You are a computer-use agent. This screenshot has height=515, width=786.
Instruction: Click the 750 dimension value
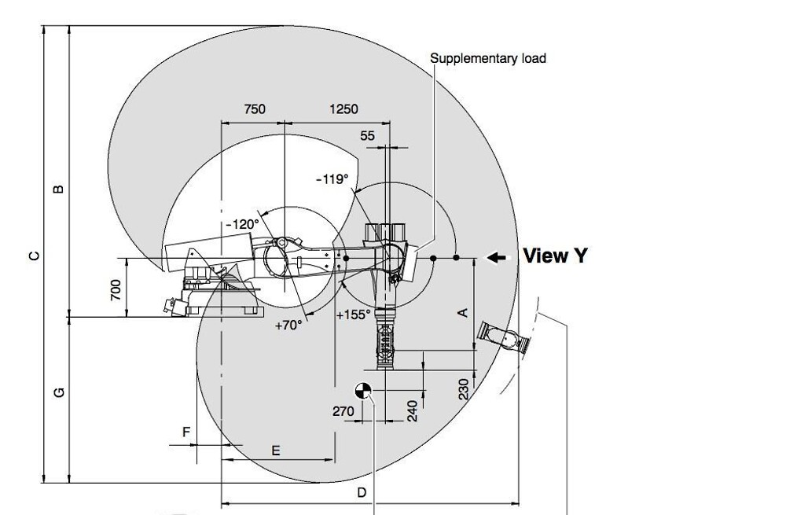pyautogui.click(x=255, y=109)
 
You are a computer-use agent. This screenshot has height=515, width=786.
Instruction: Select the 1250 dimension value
pyautogui.click(x=344, y=109)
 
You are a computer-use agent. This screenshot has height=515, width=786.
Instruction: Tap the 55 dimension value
pyautogui.click(x=367, y=136)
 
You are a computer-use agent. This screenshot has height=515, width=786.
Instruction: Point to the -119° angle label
pyautogui.click(x=332, y=179)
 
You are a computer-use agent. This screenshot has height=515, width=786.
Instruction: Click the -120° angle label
pyautogui.click(x=243, y=224)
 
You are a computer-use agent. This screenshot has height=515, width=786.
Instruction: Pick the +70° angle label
pyautogui.click(x=288, y=326)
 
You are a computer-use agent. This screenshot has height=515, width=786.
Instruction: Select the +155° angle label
pyautogui.click(x=354, y=315)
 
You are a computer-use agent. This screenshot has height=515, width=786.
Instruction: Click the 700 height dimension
pyautogui.click(x=116, y=290)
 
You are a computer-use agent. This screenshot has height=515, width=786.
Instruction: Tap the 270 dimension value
pyautogui.click(x=343, y=411)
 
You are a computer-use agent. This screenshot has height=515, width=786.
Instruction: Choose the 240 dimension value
pyautogui.click(x=412, y=410)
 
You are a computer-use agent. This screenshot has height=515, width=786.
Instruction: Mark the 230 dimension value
pyautogui.click(x=464, y=389)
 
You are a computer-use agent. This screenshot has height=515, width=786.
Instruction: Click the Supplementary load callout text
pyautogui.click(x=488, y=59)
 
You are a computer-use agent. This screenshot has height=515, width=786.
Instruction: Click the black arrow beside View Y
pyautogui.click(x=497, y=257)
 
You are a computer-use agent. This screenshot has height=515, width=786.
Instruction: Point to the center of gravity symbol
pyautogui.click(x=363, y=391)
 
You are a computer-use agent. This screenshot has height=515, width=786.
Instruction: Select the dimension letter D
pyautogui.click(x=362, y=492)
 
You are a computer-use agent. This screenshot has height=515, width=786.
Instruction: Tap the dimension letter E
pyautogui.click(x=276, y=451)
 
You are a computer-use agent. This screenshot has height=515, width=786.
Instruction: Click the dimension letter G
pyautogui.click(x=59, y=392)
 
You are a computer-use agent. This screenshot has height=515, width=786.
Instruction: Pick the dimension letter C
pyautogui.click(x=34, y=256)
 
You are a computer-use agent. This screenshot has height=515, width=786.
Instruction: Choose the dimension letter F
pyautogui.click(x=186, y=432)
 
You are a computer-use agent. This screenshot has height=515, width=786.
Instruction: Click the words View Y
pyautogui.click(x=555, y=256)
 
